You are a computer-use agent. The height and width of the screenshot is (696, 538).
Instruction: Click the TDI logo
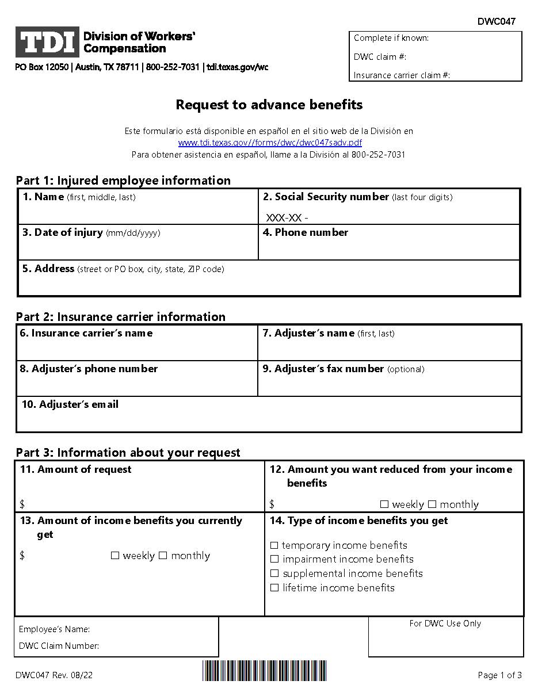click(x=47, y=43)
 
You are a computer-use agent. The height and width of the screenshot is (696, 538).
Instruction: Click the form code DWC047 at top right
click(x=496, y=22)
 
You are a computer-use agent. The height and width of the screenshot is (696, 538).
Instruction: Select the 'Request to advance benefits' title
click(x=269, y=105)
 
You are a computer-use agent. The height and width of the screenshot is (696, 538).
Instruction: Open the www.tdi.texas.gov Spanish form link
click(x=270, y=143)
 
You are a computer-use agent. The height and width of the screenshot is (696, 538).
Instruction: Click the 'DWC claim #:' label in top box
click(x=380, y=56)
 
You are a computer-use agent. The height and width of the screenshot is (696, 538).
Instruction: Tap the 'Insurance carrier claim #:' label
click(x=402, y=75)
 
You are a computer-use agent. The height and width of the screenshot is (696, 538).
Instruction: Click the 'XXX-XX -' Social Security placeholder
click(x=287, y=218)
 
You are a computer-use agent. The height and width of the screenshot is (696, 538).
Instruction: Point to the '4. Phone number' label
click(x=305, y=232)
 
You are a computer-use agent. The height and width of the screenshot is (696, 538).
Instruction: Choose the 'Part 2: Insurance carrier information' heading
click(x=121, y=316)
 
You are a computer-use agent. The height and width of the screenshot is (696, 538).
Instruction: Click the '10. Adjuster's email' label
click(x=70, y=404)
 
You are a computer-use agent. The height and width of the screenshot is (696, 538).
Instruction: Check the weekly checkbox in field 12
click(x=384, y=504)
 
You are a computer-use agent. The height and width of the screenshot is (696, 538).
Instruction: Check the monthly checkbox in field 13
click(x=163, y=556)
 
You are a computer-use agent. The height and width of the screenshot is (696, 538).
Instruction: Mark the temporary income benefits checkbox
click(x=274, y=545)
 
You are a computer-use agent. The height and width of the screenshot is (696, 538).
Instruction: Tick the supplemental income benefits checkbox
click(x=274, y=573)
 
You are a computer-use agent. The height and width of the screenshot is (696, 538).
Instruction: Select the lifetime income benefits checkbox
click(x=274, y=588)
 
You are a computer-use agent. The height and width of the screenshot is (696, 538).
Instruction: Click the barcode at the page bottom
click(x=264, y=671)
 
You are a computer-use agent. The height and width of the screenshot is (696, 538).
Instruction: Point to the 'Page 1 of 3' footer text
click(x=499, y=675)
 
